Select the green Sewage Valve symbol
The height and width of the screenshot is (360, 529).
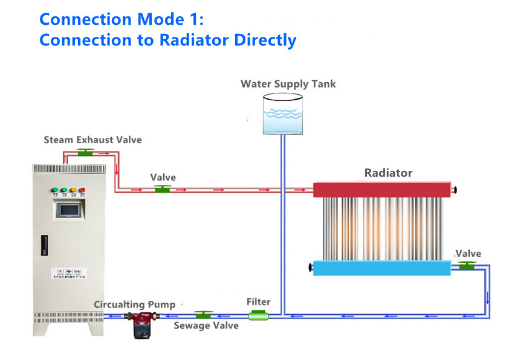pos(204,314)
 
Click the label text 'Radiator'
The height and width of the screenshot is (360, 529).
pos(388,173)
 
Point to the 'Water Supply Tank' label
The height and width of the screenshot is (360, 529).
pos(288,83)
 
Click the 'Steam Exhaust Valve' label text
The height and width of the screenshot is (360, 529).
pos(92,140)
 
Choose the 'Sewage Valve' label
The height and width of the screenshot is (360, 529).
pos(206,326)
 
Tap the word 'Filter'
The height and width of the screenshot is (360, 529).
pos(258,301)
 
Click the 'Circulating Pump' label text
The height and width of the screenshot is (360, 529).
pos(134,304)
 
